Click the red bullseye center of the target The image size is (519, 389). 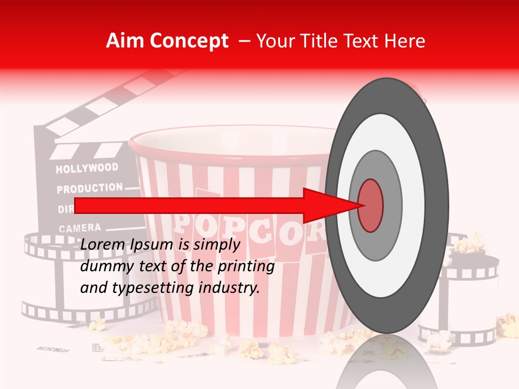(x=371, y=205)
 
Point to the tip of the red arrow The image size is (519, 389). (x=361, y=205)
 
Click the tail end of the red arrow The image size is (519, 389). (x=76, y=206)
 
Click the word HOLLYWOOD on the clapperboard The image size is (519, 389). (x=86, y=169)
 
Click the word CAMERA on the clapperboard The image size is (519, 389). (x=79, y=229)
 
